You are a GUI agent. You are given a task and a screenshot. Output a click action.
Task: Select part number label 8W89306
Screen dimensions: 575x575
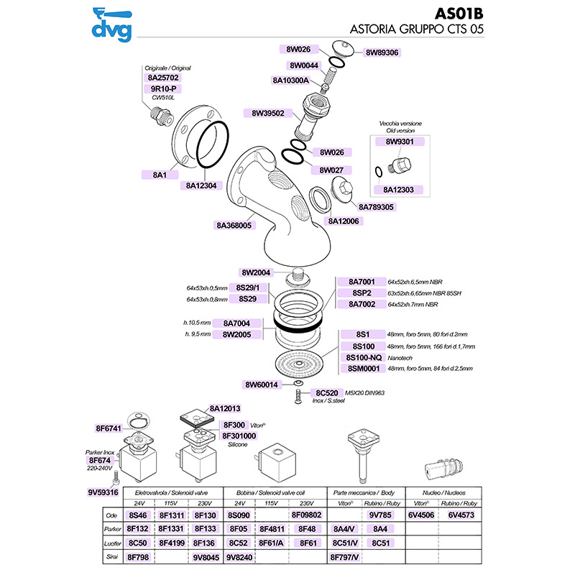(382, 52)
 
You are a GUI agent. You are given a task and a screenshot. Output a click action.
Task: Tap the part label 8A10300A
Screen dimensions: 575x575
(290, 80)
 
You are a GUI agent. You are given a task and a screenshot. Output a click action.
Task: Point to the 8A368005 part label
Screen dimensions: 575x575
(234, 225)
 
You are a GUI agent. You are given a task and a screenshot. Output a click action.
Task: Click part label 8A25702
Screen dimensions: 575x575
(163, 77)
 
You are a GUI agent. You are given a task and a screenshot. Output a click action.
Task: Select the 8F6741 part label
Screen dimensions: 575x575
(109, 429)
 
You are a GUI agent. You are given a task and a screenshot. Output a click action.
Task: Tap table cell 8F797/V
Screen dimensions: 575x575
(344, 556)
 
